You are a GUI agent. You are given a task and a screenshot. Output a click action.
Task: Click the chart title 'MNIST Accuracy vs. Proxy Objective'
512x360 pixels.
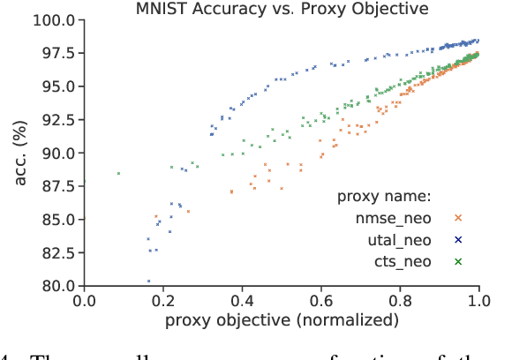(x=281, y=9)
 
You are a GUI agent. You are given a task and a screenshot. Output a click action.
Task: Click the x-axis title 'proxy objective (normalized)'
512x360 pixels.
(x=281, y=319)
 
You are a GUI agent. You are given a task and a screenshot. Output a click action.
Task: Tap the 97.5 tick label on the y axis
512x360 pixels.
(x=56, y=53)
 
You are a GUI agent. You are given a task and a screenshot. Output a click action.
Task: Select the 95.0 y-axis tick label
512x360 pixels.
(x=56, y=86)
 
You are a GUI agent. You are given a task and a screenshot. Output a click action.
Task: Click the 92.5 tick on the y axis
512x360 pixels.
(x=56, y=119)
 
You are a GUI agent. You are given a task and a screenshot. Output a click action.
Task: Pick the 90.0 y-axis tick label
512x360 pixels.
(x=56, y=153)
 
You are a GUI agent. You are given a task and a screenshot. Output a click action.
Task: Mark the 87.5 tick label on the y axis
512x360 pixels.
(x=56, y=186)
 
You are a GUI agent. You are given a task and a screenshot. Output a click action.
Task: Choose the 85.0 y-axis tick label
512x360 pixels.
(x=56, y=219)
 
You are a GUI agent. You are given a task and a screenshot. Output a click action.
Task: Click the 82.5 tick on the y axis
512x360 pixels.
(x=56, y=252)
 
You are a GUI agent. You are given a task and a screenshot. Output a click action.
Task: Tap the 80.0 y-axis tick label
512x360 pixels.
(x=56, y=286)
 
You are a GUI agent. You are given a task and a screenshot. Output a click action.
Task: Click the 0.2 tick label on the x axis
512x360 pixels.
(x=163, y=300)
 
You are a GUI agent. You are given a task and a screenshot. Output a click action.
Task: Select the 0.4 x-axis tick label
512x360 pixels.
(x=243, y=300)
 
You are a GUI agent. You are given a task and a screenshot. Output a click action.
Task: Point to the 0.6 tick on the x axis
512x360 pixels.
(x=321, y=300)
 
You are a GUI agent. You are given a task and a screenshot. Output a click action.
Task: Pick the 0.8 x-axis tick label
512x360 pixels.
(x=401, y=300)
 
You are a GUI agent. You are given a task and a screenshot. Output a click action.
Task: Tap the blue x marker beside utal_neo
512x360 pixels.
(x=458, y=239)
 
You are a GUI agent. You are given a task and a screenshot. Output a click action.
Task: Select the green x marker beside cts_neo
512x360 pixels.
(x=458, y=261)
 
